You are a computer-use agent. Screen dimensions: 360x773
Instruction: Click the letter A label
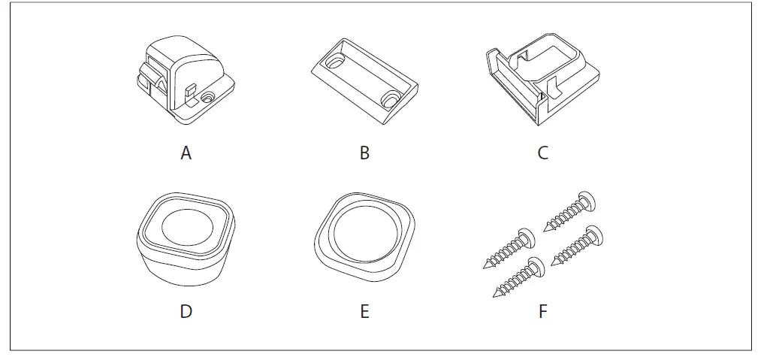pyautogui.click(x=186, y=153)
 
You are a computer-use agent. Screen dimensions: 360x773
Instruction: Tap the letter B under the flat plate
pyautogui.click(x=364, y=153)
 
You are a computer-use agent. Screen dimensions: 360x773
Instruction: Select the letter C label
pyautogui.click(x=542, y=153)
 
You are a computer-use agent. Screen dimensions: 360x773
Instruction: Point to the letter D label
pyautogui.click(x=186, y=310)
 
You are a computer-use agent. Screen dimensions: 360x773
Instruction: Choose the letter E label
pyautogui.click(x=364, y=310)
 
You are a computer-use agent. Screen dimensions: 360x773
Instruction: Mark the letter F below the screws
pyautogui.click(x=542, y=310)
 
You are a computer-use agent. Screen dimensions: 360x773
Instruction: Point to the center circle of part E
pyautogui.click(x=364, y=235)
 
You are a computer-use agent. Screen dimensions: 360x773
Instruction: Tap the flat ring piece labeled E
pyautogui.click(x=364, y=236)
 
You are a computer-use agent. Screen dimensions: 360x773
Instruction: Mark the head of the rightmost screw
pyautogui.click(x=596, y=234)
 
